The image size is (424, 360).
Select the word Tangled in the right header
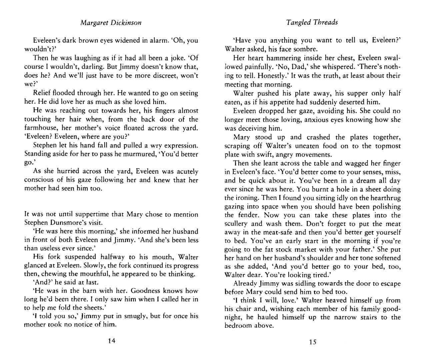pos(298,22)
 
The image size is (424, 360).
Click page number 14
pos(111,341)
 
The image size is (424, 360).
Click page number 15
pos(312,342)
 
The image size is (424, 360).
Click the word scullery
pos(236,224)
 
